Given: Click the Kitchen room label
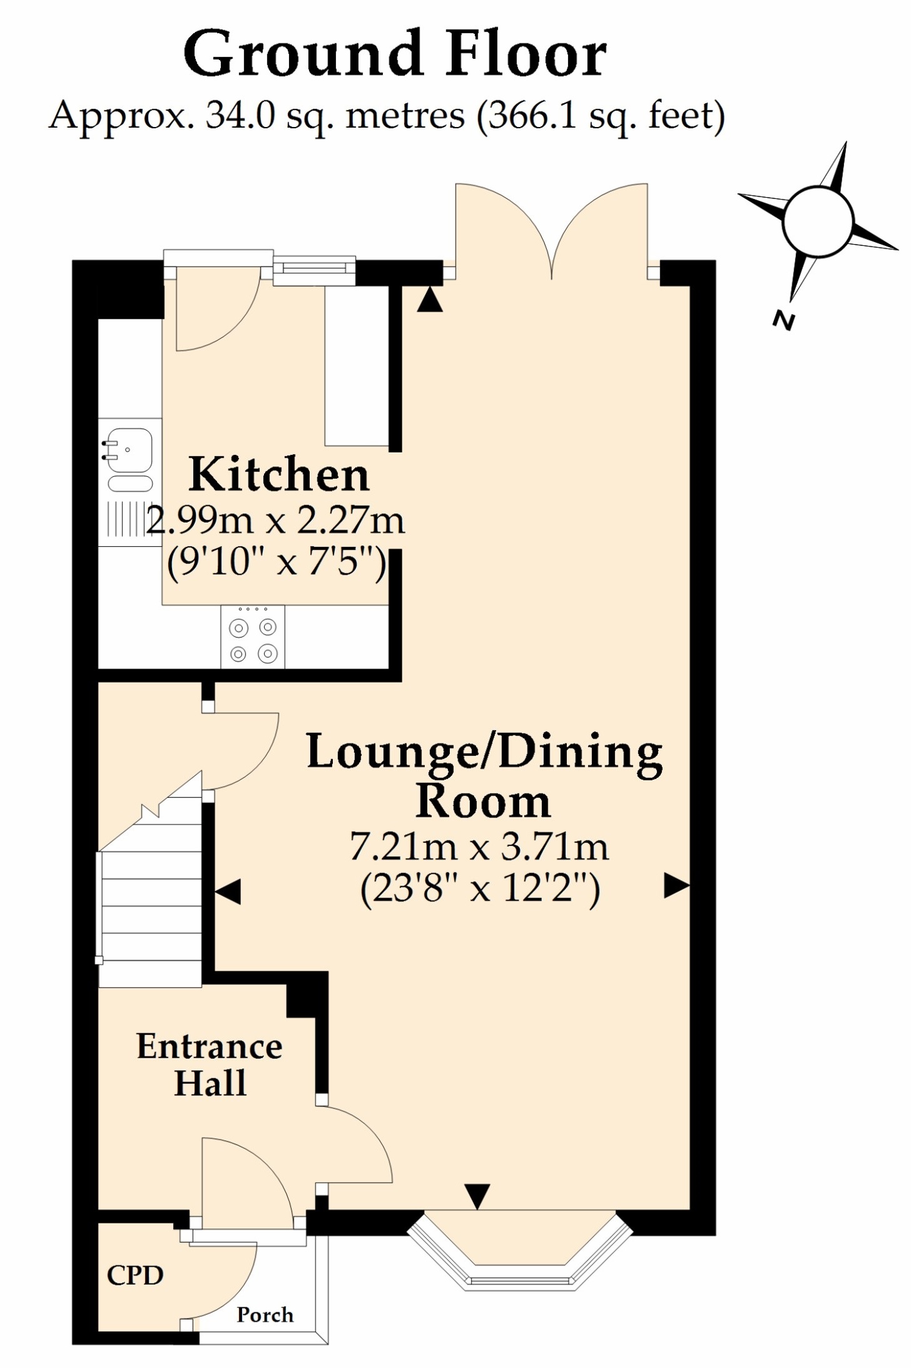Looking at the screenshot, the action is pos(278,474).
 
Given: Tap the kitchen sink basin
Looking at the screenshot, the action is pos(129,449).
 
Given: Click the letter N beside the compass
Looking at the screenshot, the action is pos(783,320).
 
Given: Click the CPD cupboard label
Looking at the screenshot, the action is pos(135,1275).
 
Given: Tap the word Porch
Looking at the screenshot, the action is pos(265,1315).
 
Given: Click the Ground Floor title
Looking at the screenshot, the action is pos(395,55).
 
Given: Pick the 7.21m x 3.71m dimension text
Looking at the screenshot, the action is pos(479,847).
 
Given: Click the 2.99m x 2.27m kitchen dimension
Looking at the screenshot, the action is pos(276,520).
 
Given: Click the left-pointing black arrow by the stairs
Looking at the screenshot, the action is pos(228,891).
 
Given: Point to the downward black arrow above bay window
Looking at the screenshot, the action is pos(477,1197).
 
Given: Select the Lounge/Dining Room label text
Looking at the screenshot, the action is pos(484,776).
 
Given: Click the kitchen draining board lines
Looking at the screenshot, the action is pos(126,519).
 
